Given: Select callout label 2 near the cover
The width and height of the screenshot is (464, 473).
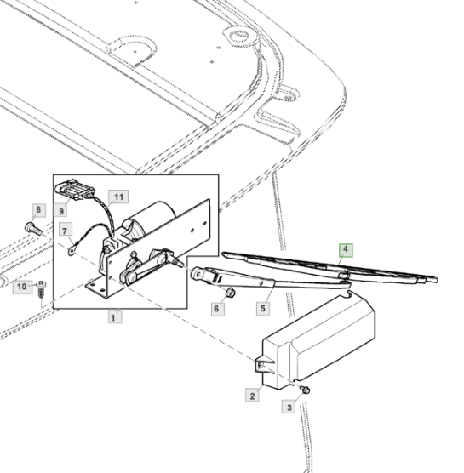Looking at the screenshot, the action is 252,396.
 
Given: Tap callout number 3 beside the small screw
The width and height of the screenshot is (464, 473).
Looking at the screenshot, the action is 289,407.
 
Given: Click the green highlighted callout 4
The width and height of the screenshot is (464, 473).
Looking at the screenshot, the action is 346,250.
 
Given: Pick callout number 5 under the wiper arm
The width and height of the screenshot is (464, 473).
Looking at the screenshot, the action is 263,308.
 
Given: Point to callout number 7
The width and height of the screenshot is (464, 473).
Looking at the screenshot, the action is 66,230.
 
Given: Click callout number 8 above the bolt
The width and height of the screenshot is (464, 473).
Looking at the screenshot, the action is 39,210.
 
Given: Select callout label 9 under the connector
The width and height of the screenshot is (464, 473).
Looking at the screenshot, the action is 60,210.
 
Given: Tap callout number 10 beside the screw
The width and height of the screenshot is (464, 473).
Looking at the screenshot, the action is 22,287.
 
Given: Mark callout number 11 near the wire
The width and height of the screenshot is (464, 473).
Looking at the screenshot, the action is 118,197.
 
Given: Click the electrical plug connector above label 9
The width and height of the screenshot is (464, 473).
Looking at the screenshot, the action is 75,190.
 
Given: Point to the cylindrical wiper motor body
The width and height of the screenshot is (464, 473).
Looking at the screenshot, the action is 151,219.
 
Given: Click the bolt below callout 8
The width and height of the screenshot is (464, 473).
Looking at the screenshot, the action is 33,228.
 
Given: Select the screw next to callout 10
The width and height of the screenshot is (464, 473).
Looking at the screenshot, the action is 41,289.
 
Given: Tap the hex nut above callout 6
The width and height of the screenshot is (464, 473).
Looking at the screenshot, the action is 231,293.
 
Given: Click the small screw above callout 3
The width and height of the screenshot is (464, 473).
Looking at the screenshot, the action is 306,390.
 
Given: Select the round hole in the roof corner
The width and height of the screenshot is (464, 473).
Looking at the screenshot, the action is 240,36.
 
